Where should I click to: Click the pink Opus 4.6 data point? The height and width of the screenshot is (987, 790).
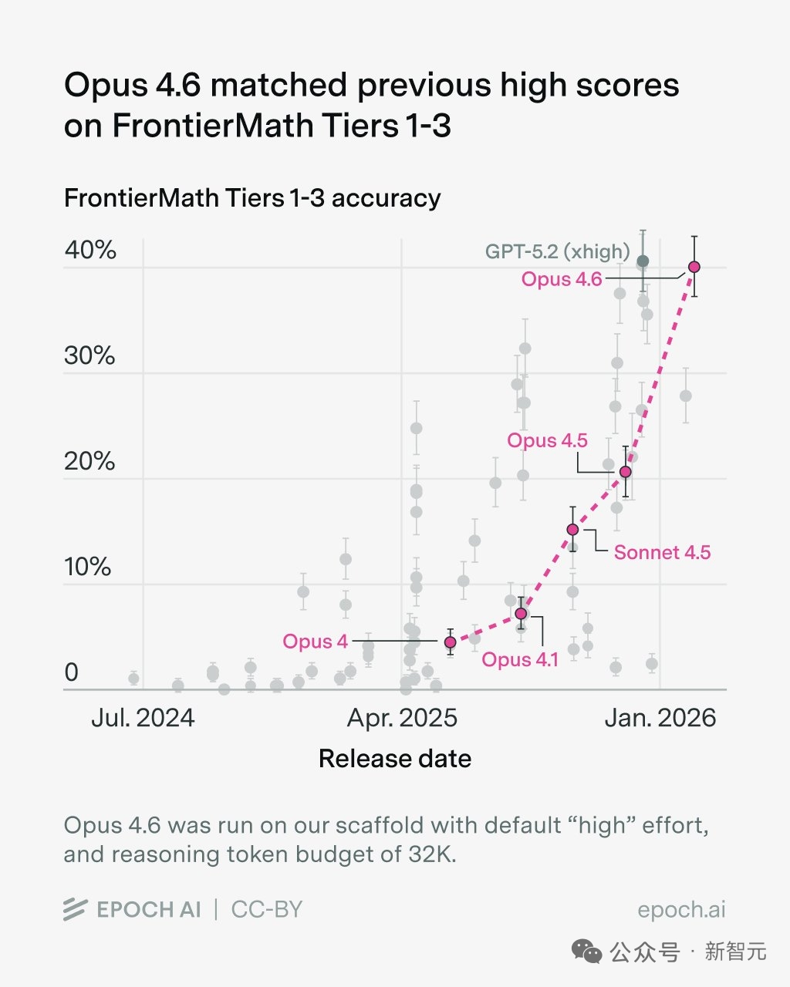click(x=694, y=267)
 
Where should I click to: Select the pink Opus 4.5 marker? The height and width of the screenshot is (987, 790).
click(x=626, y=472)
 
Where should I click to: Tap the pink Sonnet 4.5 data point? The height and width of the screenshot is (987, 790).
click(x=572, y=530)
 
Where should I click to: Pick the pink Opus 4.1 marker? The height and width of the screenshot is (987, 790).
click(x=521, y=614)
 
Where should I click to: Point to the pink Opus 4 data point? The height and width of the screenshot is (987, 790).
click(x=450, y=642)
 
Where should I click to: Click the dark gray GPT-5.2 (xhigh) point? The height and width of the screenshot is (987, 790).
click(x=643, y=261)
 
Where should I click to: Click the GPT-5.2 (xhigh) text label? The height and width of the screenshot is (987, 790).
click(x=557, y=251)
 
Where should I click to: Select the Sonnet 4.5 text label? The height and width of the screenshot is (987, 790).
click(x=662, y=552)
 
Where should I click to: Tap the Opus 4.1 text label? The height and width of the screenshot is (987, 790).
click(x=520, y=660)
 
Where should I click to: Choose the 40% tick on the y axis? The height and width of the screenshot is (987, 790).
click(x=90, y=250)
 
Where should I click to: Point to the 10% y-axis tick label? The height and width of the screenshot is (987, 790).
click(x=89, y=567)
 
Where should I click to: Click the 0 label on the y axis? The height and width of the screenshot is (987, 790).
click(x=72, y=672)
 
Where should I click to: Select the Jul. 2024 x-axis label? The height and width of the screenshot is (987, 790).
click(x=143, y=719)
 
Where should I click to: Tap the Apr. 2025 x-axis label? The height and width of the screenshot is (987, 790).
click(x=402, y=719)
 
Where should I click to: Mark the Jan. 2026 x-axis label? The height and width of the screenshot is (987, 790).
click(x=660, y=719)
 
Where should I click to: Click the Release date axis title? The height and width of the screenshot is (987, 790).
click(x=395, y=759)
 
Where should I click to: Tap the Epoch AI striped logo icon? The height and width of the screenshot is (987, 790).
click(x=75, y=910)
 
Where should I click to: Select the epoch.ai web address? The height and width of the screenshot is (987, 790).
click(x=681, y=910)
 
